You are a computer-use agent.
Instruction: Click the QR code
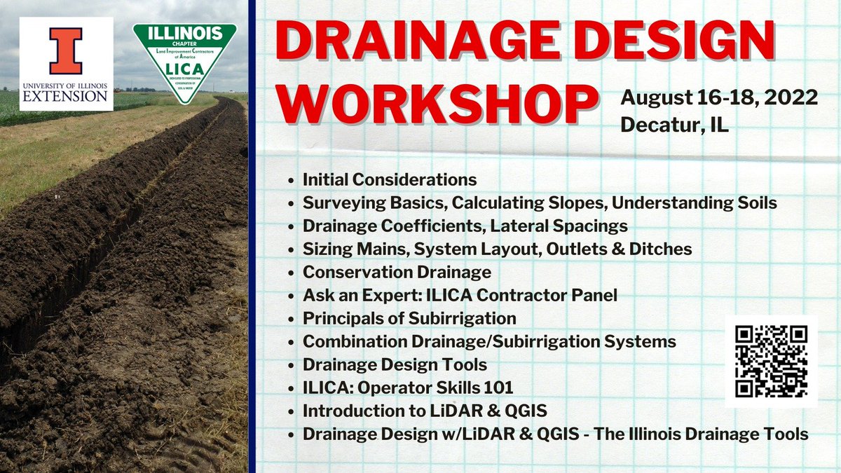pyautogui.click(x=771, y=361)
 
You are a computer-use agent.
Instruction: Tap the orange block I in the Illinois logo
pyautogui.click(x=66, y=50)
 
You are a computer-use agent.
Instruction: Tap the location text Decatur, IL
pyautogui.click(x=674, y=125)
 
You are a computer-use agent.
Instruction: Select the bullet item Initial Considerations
pyautogui.click(x=390, y=180)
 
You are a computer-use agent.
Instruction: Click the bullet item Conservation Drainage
pyautogui.click(x=397, y=272)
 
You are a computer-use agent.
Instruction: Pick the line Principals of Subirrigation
pyautogui.click(x=409, y=318)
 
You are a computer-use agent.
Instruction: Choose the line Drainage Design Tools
pyautogui.click(x=395, y=364)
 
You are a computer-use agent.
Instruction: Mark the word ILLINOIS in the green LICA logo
pyautogui.click(x=185, y=33)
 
